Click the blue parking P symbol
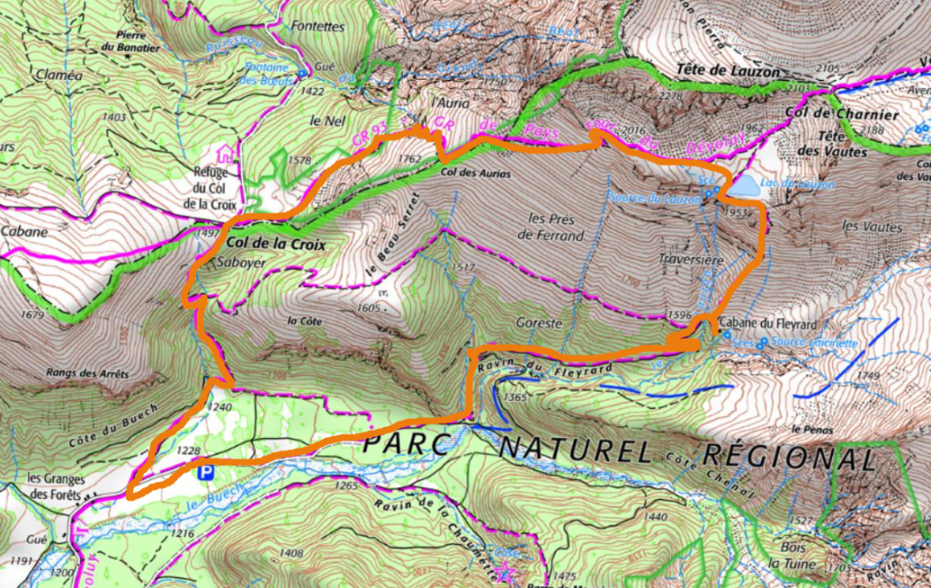[205, 471]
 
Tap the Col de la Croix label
[275, 244]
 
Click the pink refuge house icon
[225, 152]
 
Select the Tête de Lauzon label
[727, 70]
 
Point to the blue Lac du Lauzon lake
[745, 186]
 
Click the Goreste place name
[540, 323]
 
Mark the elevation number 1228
[188, 451]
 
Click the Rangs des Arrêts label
[85, 373]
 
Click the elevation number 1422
[312, 91]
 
